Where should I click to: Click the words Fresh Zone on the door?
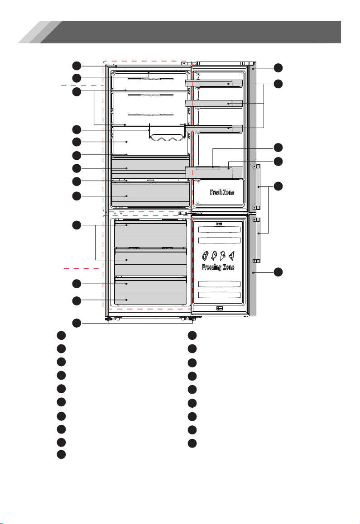pyautogui.click(x=222, y=192)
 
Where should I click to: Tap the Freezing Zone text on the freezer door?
pyautogui.click(x=218, y=267)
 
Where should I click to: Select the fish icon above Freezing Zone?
pyautogui.click(x=214, y=256)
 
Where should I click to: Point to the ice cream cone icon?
pyautogui.click(x=222, y=256)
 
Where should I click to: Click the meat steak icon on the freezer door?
pyautogui.click(x=206, y=256)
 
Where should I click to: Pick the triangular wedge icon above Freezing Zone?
pyautogui.click(x=231, y=256)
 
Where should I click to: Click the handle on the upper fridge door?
pyautogui.click(x=257, y=186)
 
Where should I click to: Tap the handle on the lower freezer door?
pyautogui.click(x=257, y=240)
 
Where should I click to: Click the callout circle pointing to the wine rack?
pyautogui.click(x=77, y=130)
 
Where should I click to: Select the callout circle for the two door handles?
pyautogui.click(x=278, y=186)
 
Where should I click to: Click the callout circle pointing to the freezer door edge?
pyautogui.click(x=278, y=272)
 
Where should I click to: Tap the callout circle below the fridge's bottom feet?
pyautogui.click(x=77, y=323)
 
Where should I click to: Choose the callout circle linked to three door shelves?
pyautogui.click(x=278, y=84)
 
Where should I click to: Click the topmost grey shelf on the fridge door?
pyautogui.click(x=214, y=83)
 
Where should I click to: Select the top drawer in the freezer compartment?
pyautogui.click(x=150, y=233)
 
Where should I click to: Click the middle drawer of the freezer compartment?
pyautogui.click(x=150, y=262)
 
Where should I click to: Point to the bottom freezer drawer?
pyautogui.click(x=150, y=291)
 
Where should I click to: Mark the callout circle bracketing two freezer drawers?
pyautogui.click(x=77, y=225)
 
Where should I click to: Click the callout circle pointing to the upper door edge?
pyautogui.click(x=278, y=68)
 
